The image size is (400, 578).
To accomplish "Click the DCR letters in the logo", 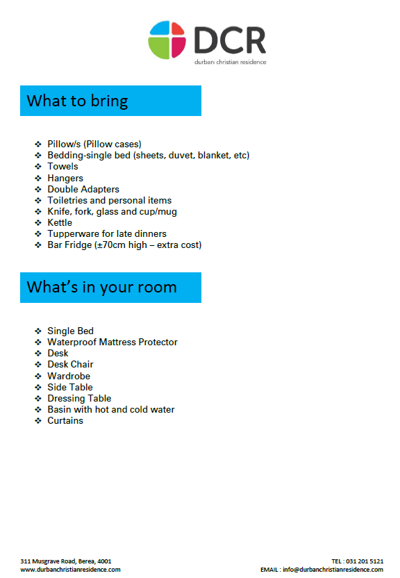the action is pos(230,40).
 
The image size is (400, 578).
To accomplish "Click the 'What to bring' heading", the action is pos(77,101).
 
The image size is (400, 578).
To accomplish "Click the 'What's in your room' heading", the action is pos(101,287).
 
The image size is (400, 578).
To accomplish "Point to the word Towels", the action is pos(62,167).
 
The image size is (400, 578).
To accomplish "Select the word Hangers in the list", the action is pos(65,178).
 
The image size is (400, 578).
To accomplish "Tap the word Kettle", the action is pos(60,222).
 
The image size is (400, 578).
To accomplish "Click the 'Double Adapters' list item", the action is pos(83,189).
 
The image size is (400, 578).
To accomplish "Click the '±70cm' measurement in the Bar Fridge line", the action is pos(111,245).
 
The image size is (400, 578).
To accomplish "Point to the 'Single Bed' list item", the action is pos(70,331).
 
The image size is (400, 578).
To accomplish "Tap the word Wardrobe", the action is pos(69,376).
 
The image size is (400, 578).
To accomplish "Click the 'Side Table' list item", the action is pos(69,387).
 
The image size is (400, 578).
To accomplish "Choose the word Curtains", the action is pos(65,420).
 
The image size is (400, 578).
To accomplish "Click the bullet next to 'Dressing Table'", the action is pos(39,398).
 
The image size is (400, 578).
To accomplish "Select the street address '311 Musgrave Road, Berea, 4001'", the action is pos(66,561).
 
